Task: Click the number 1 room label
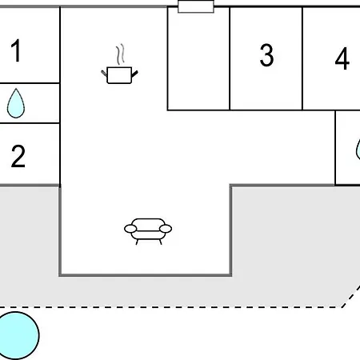(x=16, y=50)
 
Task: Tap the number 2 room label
(x=18, y=156)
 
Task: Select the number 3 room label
(x=266, y=55)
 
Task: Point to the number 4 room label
(x=342, y=58)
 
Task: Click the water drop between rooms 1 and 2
(x=16, y=104)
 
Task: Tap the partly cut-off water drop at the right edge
(x=358, y=150)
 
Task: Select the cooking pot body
(x=119, y=75)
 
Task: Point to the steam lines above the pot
(x=120, y=54)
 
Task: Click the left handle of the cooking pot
(x=104, y=73)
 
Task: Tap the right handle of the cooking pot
(x=134, y=74)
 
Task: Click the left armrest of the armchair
(x=130, y=229)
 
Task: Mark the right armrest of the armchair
(x=166, y=229)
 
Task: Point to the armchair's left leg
(x=137, y=242)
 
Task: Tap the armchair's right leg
(x=160, y=242)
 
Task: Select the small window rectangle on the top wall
(x=196, y=6)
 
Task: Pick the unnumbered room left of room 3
(x=198, y=58)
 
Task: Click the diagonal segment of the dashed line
(x=351, y=296)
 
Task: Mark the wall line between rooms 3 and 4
(x=302, y=58)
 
